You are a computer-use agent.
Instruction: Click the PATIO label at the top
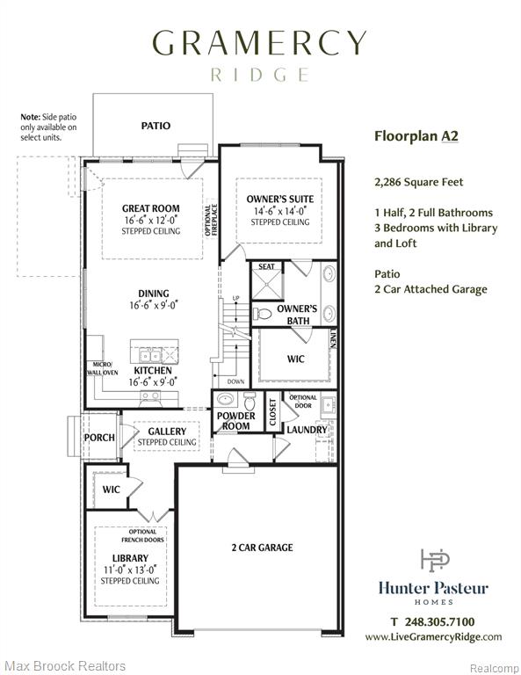click(156, 126)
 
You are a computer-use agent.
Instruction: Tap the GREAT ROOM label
click(151, 208)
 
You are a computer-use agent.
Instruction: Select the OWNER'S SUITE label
click(280, 199)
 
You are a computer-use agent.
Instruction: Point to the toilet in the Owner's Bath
click(262, 314)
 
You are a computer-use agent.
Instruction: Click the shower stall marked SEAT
click(267, 281)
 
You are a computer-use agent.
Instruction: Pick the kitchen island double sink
click(149, 356)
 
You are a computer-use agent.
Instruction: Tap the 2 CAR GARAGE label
click(262, 548)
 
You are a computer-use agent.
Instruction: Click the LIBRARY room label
click(130, 558)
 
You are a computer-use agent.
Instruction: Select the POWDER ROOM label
click(235, 421)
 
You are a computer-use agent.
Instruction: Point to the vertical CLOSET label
click(272, 412)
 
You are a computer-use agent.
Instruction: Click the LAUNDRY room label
click(307, 430)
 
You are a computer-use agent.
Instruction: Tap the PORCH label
click(99, 438)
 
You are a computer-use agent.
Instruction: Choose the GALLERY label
click(167, 432)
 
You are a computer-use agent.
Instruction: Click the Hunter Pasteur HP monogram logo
click(435, 560)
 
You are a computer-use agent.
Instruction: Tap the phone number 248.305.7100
click(439, 621)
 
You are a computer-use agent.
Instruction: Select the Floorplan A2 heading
click(416, 136)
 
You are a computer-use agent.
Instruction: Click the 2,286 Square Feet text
click(418, 182)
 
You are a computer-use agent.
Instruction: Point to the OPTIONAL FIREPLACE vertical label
click(211, 220)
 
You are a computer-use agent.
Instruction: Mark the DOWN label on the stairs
click(235, 381)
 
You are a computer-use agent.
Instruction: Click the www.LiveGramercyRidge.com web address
click(433, 637)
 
